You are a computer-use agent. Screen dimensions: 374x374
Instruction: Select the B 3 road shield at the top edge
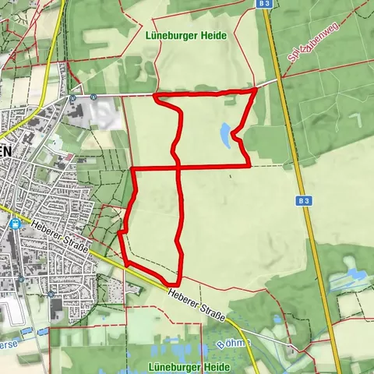pyautogui.click(x=263, y=4)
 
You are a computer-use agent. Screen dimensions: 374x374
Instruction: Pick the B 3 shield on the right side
pyautogui.click(x=304, y=200)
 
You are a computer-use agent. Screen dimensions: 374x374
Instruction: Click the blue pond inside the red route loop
pyautogui.click(x=225, y=134)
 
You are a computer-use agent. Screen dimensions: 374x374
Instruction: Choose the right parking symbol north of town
pyautogui.click(x=93, y=97)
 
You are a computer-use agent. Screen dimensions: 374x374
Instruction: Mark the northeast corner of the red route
pyautogui.click(x=256, y=90)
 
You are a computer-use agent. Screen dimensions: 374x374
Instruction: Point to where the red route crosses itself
pyautogui.click(x=178, y=167)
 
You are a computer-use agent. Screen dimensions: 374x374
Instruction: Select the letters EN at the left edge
pyautogui.click(x=5, y=153)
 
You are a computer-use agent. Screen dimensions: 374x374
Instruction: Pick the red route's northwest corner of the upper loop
pyautogui.click(x=155, y=97)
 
